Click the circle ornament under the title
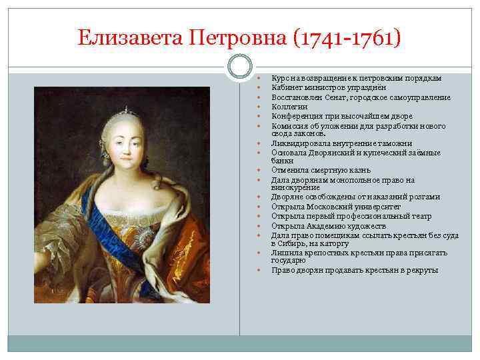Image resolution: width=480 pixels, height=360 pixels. [x=239, y=66]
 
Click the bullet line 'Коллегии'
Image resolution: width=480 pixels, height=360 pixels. [x=289, y=106]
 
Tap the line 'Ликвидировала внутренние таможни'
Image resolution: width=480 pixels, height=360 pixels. [x=341, y=143]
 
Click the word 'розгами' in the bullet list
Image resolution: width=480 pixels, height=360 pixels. [x=425, y=197]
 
